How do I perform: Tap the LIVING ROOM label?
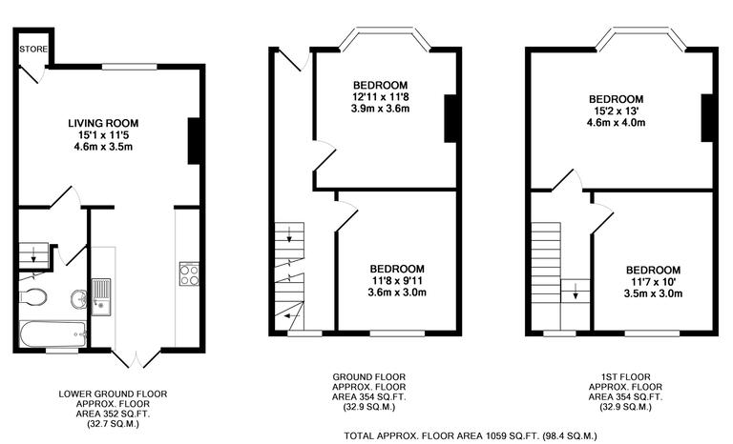(103, 123)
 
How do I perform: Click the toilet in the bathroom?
(33, 297)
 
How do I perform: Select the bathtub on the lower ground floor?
(52, 333)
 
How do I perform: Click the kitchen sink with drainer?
(101, 294)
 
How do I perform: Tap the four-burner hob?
(188, 274)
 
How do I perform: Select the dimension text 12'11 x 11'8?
(379, 96)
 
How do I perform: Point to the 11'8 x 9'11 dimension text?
(398, 281)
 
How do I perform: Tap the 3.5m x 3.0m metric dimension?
(654, 294)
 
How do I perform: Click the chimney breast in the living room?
(194, 140)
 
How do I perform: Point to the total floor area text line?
(471, 435)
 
